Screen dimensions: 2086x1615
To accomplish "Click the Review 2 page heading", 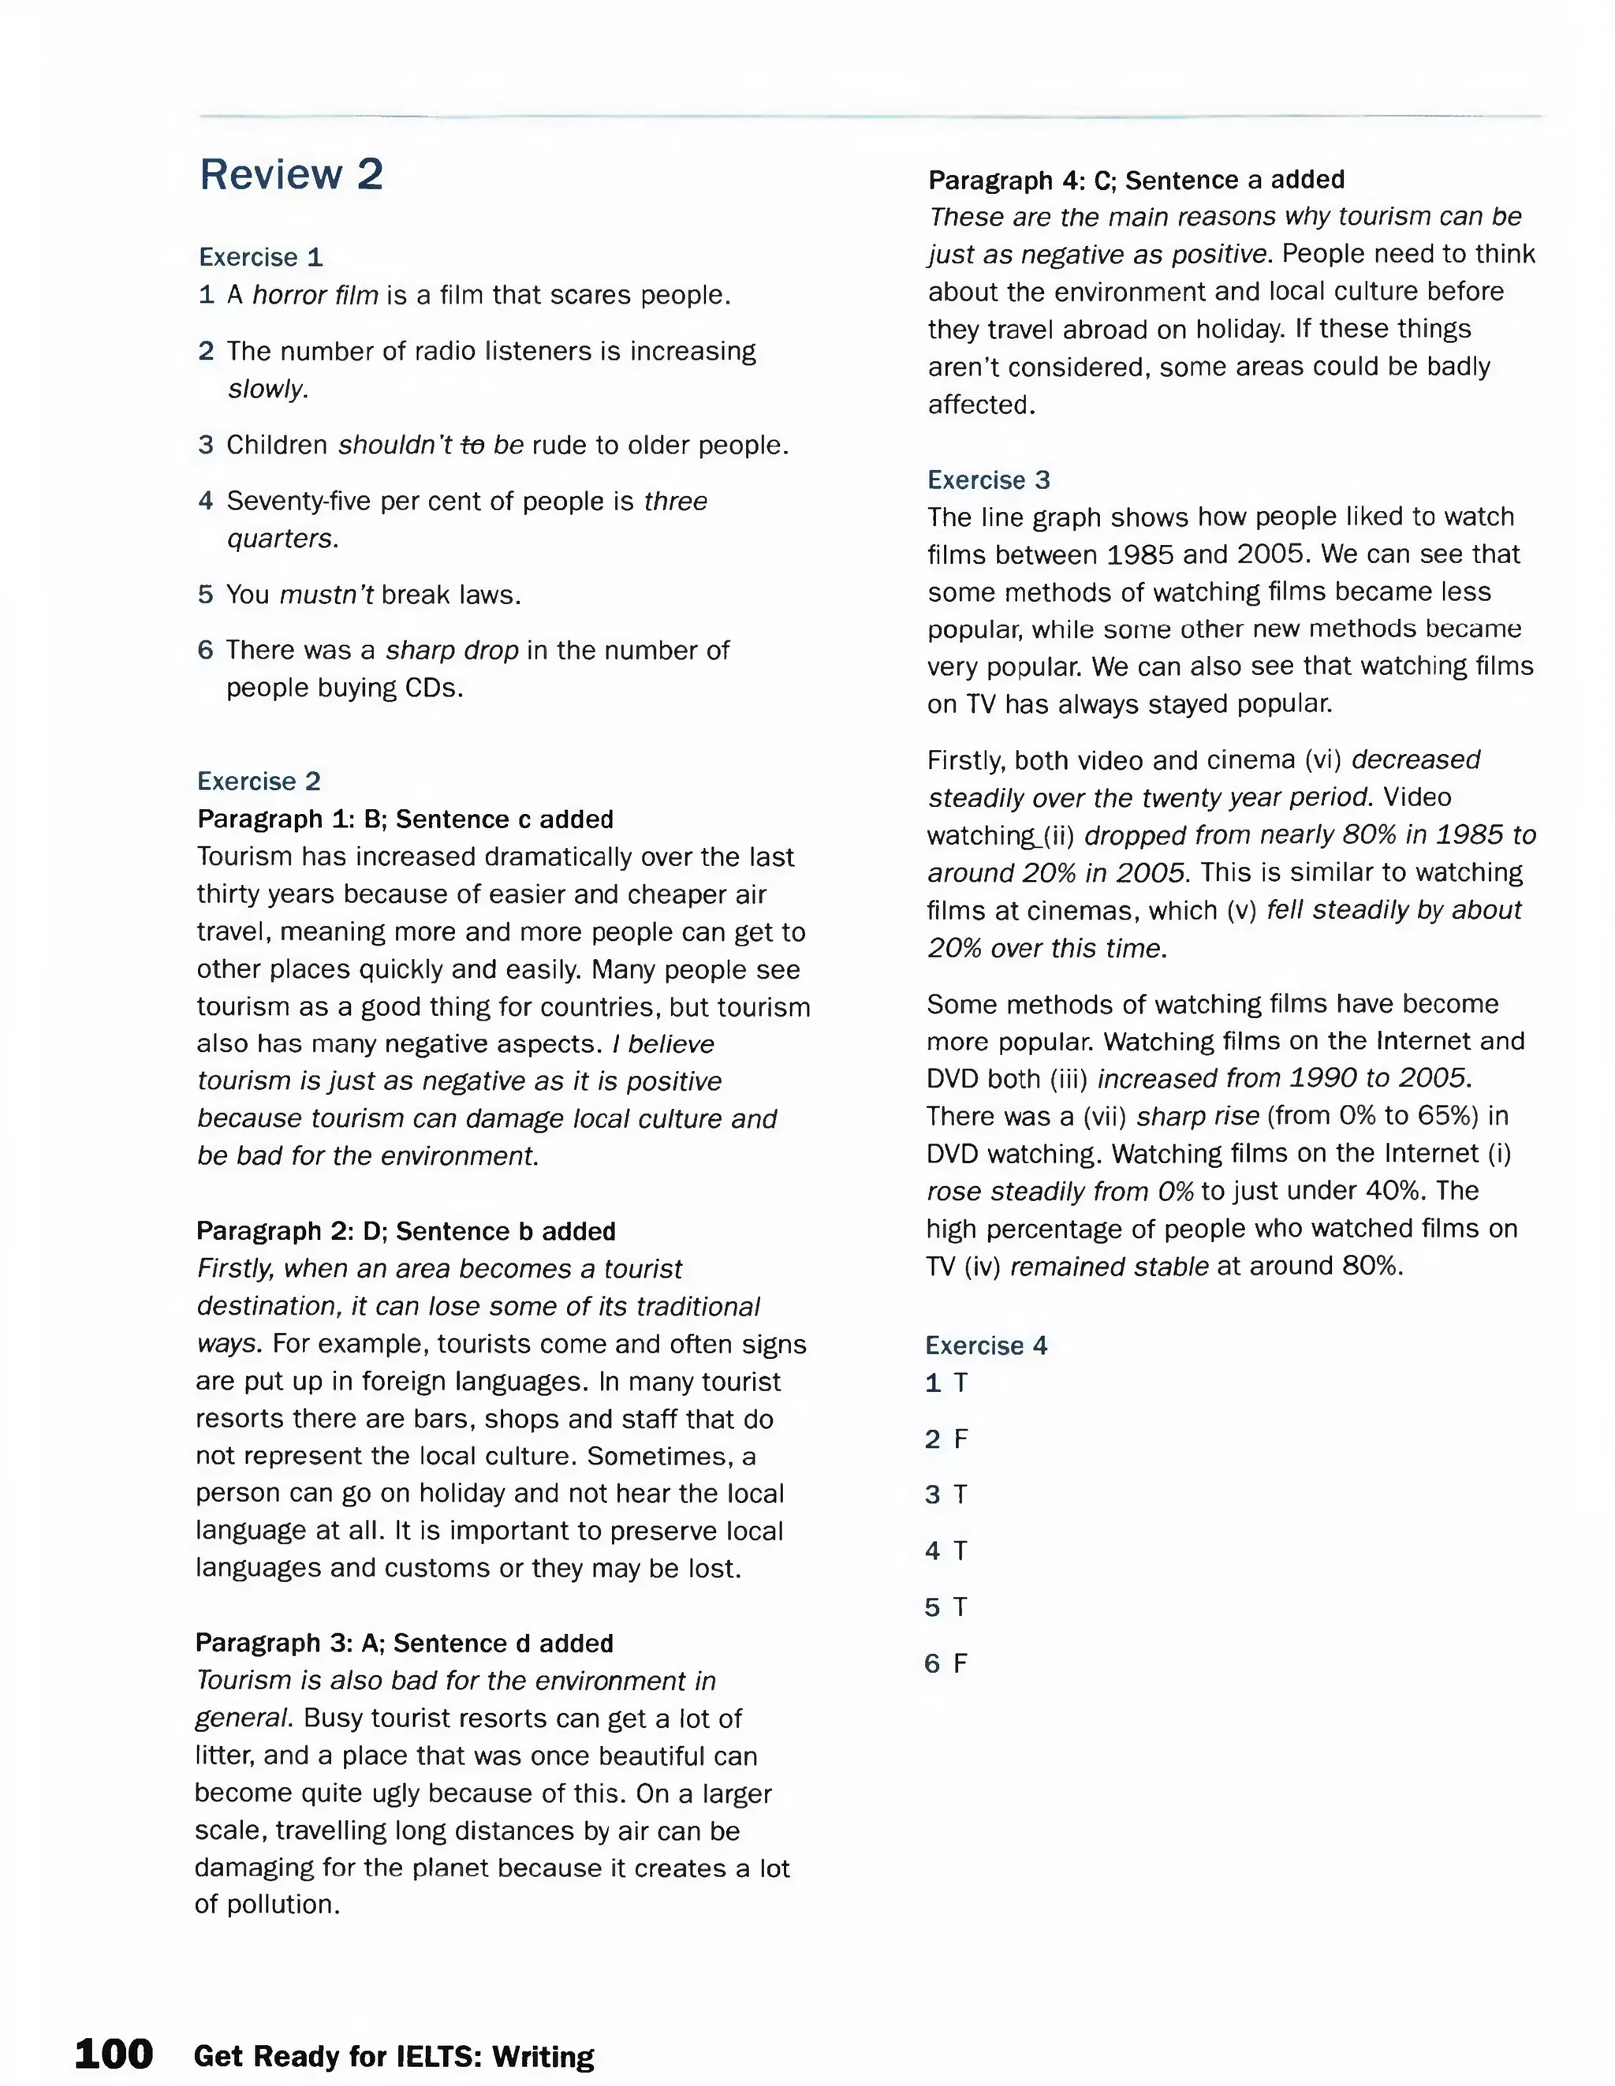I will [291, 175].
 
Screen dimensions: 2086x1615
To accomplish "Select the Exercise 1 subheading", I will [261, 257].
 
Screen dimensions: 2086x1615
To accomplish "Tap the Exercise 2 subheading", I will [259, 782].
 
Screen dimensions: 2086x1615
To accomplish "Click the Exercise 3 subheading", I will [989, 480].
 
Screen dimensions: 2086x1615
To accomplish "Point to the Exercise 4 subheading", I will [986, 1345].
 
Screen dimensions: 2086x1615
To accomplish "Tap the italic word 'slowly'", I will [267, 390].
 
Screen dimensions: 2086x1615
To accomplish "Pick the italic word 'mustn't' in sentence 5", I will [326, 595].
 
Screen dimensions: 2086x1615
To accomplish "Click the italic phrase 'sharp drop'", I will [452, 651].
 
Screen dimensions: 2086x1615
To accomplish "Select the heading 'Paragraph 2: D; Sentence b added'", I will [406, 1231].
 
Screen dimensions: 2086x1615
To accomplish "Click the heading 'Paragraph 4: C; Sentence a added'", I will [1136, 180].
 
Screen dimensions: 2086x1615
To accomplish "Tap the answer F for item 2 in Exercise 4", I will [960, 1439].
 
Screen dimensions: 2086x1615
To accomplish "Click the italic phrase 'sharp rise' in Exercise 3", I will [1198, 1116].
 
